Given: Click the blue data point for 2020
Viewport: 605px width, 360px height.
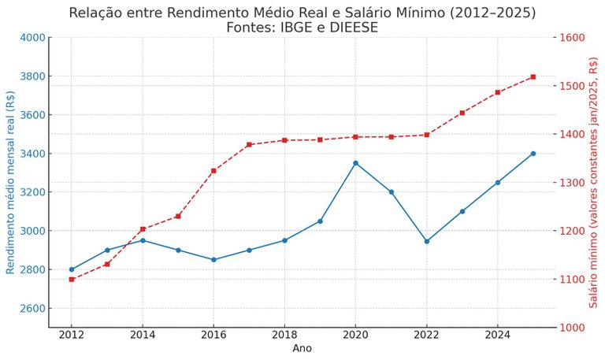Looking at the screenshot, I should click(355, 163).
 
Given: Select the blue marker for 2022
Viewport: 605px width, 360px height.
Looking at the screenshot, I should click(426, 241).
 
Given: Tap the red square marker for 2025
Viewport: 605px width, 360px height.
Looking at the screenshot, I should click(533, 76).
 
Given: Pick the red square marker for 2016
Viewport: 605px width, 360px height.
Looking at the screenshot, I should click(213, 170).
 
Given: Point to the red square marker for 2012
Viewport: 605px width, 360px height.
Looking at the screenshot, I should click(72, 279).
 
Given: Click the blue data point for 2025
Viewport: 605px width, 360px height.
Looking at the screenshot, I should click(533, 154).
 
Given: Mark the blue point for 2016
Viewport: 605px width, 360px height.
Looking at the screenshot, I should click(213, 259).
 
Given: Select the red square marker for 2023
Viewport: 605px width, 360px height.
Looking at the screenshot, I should click(462, 113).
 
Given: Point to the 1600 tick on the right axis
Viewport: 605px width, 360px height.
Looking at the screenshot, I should click(573, 38).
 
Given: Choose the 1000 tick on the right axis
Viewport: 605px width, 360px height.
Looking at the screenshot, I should click(573, 327).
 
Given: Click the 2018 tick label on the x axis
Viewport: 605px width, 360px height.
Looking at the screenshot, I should click(284, 336).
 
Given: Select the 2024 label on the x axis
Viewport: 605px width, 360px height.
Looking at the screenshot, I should click(497, 336).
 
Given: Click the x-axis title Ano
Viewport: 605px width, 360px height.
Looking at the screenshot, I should click(302, 348).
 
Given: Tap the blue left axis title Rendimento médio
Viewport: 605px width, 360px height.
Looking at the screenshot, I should click(10, 182).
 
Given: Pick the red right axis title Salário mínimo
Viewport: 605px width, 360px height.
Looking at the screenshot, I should click(593, 182).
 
